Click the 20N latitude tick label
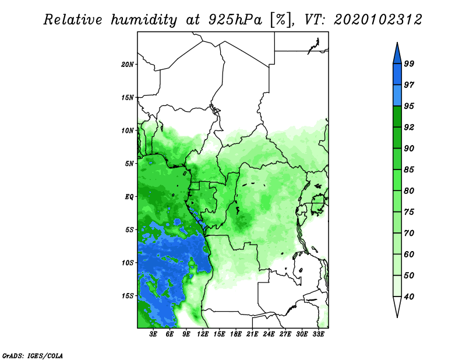pos(127,64)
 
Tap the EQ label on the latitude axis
pos(129,197)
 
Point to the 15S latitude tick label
pos(127,296)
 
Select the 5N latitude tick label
pos(129,164)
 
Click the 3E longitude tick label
pos(153,334)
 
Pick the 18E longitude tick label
pos(236,334)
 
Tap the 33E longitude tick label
pos(318,334)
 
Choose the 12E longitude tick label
pos(203,334)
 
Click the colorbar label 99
pos(409,63)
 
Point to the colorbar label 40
pos(409,297)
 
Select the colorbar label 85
pos(409,170)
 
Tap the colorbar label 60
pos(409,254)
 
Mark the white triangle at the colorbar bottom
pos(397,306)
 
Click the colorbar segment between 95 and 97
pos(397,96)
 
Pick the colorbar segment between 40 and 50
pos(397,286)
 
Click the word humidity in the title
pos(144,20)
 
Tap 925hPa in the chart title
pos(235,20)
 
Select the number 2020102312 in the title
pos(377,20)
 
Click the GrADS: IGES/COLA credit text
pos(33,355)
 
